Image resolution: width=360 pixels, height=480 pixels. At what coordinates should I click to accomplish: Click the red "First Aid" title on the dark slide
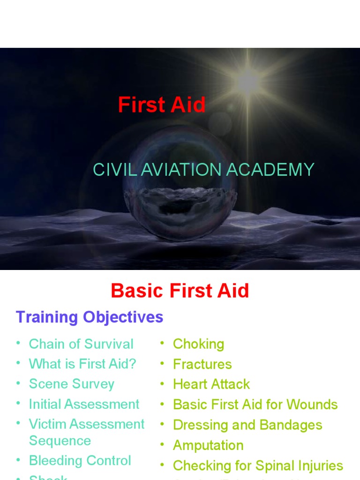[162, 105]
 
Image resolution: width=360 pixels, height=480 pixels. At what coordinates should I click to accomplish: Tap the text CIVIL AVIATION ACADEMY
[203, 169]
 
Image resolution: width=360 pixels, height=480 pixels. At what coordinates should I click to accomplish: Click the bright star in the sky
[247, 82]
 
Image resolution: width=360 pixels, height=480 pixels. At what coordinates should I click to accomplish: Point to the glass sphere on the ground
[180, 197]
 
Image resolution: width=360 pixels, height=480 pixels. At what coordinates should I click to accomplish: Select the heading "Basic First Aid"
[180, 291]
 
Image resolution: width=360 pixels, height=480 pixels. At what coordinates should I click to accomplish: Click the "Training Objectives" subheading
[90, 317]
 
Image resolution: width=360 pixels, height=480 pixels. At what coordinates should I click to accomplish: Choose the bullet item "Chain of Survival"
[81, 344]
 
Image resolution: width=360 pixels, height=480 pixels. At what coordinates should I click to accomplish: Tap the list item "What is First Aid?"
[82, 364]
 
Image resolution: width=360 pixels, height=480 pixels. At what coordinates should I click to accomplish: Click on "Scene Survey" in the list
[72, 384]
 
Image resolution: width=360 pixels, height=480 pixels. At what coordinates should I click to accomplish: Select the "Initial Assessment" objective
[84, 404]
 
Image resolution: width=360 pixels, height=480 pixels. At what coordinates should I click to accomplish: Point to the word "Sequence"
[60, 441]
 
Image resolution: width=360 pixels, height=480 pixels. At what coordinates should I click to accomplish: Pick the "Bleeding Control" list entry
[80, 461]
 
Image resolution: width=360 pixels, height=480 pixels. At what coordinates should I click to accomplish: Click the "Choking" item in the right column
[198, 344]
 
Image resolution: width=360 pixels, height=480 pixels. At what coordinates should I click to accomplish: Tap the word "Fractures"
[202, 364]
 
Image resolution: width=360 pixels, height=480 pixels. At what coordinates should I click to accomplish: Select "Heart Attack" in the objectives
[211, 384]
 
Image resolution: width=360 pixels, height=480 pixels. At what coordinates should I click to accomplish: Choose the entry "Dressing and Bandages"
[247, 425]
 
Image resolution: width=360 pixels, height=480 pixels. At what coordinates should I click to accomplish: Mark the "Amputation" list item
[208, 445]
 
